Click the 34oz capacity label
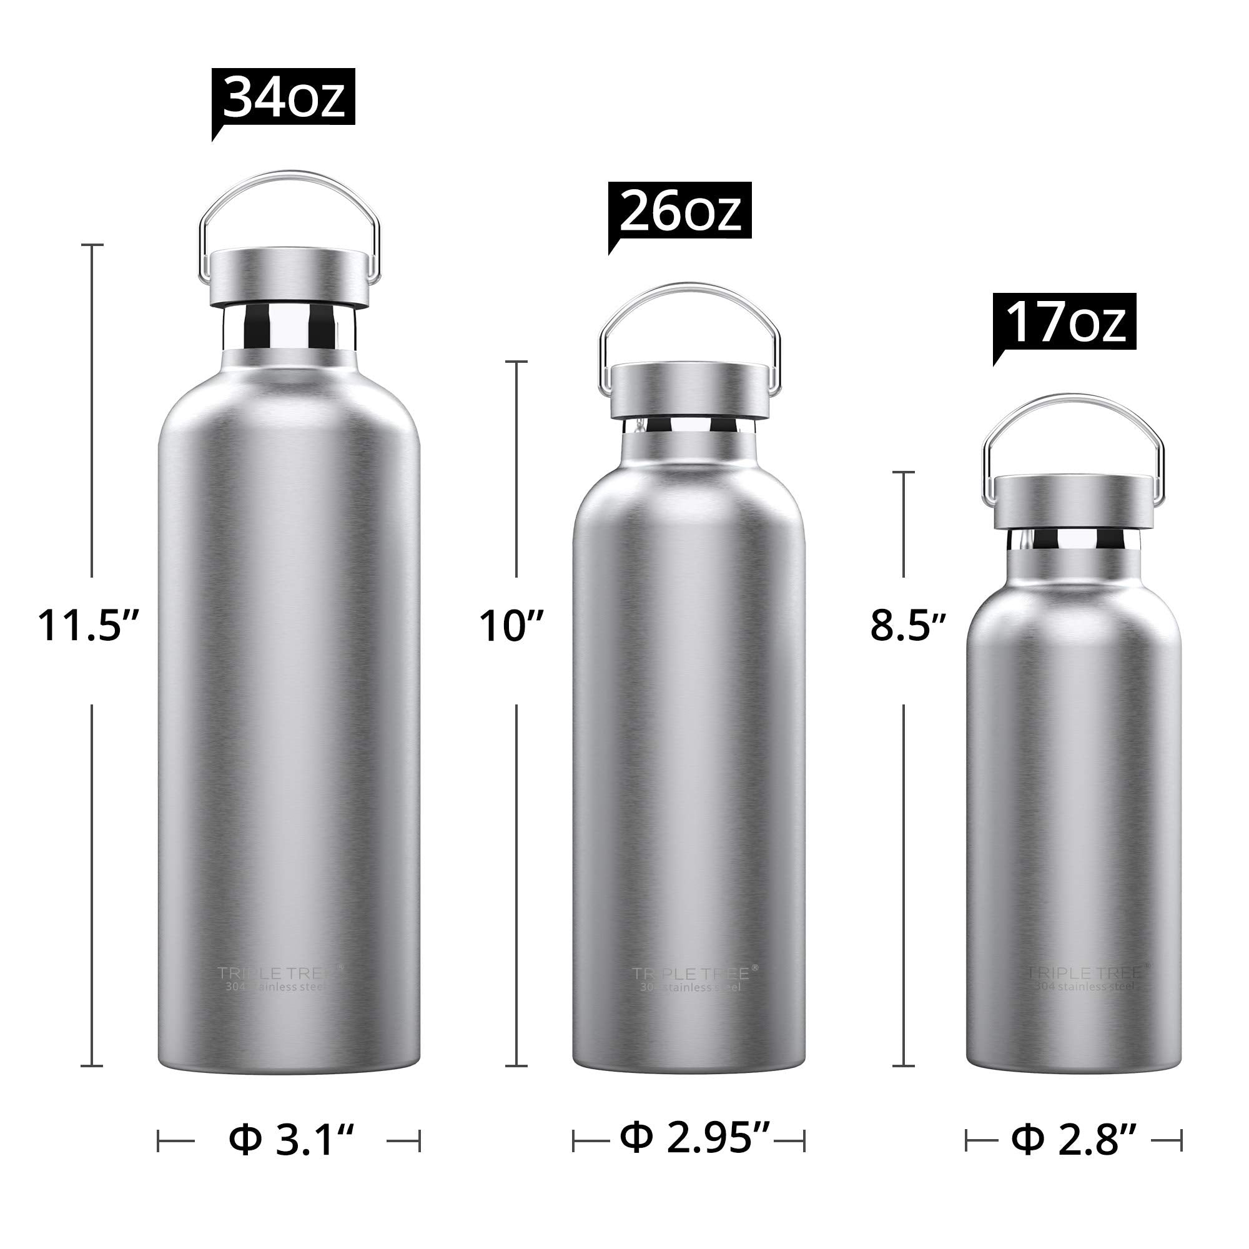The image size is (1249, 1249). (283, 97)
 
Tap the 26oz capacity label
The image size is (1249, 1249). (679, 210)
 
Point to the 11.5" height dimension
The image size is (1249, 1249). (89, 626)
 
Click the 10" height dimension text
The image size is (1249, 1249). (511, 626)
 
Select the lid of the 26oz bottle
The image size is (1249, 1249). (689, 389)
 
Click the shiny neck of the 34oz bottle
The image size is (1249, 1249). (289, 328)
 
